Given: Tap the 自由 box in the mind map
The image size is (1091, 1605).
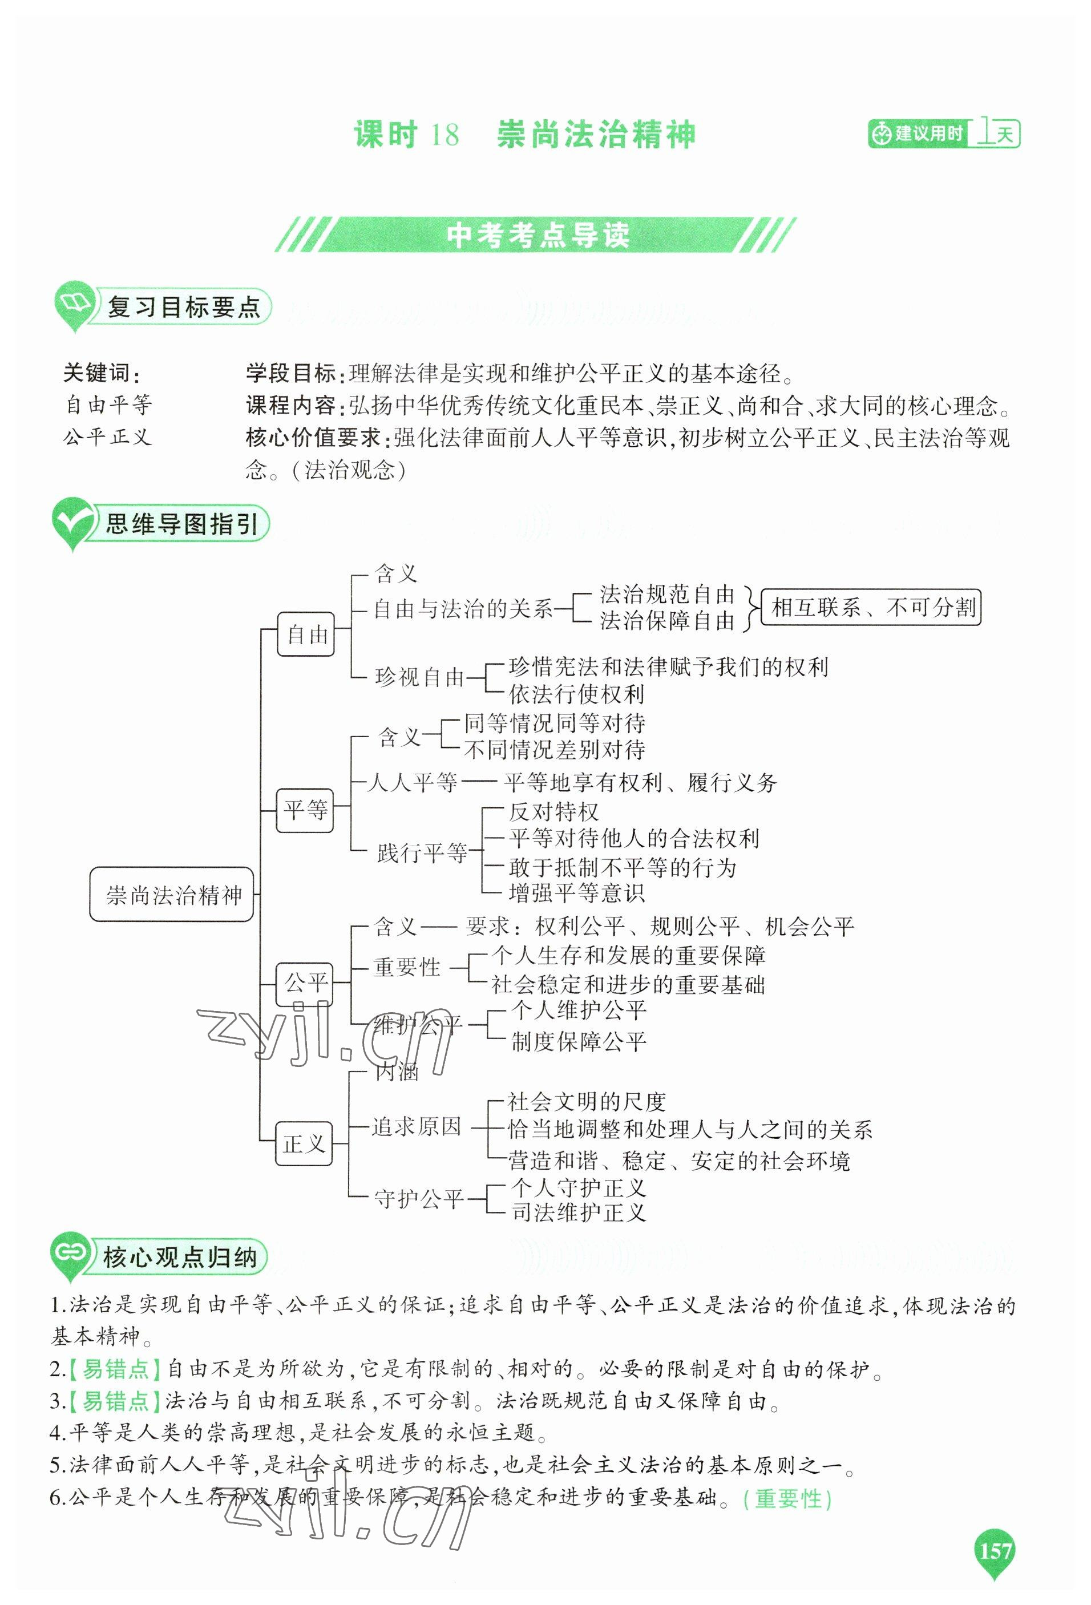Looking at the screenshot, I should point(306,634).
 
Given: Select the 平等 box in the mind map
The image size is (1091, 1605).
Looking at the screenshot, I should point(305,810).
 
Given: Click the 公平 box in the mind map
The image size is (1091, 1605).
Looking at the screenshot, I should point(305,984).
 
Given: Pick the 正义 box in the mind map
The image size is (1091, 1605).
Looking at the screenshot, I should point(304,1143).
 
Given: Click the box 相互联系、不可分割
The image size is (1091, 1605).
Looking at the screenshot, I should point(871,608).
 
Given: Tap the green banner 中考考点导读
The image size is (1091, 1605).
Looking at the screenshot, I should point(537,236).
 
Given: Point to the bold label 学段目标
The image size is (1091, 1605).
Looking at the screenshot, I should point(290,374).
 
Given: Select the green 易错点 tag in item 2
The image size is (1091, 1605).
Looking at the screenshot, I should point(115,1369).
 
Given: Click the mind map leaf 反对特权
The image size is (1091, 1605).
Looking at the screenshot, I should point(554,811).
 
